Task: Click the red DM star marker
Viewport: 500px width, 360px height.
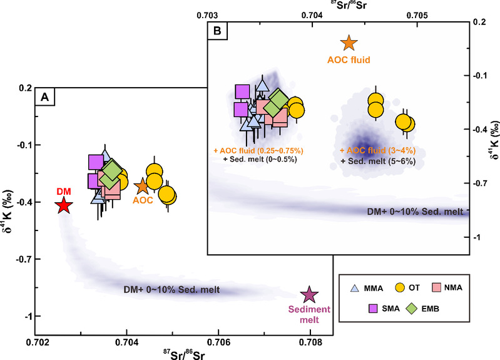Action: pyautogui.click(x=63, y=205)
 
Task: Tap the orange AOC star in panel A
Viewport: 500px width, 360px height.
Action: pyautogui.click(x=141, y=186)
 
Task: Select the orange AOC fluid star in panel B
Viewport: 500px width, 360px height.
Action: pyautogui.click(x=349, y=43)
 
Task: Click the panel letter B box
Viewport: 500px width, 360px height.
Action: pyautogui.click(x=217, y=30)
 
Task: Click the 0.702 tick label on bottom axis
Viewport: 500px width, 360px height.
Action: pyautogui.click(x=36, y=343)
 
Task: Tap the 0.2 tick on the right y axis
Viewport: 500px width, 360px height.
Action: pyautogui.click(x=480, y=21)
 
